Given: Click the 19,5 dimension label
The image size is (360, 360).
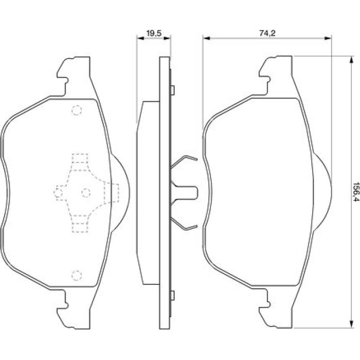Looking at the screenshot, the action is pyautogui.click(x=154, y=33).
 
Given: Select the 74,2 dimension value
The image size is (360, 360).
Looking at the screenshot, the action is pyautogui.click(x=267, y=33).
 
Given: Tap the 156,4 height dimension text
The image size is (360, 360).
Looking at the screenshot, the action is pyautogui.click(x=355, y=192).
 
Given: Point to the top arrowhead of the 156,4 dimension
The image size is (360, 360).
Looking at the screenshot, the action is pyautogui.click(x=351, y=61).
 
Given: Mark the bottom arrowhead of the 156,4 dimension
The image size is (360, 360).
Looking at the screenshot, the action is pyautogui.click(x=351, y=323).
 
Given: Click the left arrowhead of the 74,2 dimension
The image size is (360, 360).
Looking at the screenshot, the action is pyautogui.click(x=207, y=38).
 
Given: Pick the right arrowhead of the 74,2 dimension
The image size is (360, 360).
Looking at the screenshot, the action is pyautogui.click(x=328, y=38).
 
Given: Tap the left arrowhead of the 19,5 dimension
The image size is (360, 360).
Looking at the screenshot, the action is pyautogui.click(x=140, y=38).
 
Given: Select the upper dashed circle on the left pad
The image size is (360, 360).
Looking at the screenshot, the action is pyautogui.click(x=77, y=111).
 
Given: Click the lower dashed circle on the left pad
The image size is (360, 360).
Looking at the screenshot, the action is pyautogui.click(x=77, y=276).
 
